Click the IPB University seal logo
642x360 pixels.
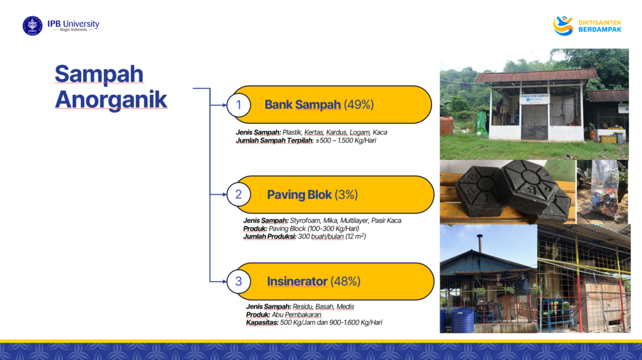tap(33, 26)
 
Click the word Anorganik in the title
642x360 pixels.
tap(111, 100)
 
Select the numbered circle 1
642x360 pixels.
tap(239, 105)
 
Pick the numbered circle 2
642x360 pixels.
tap(239, 194)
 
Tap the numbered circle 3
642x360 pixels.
tap(239, 282)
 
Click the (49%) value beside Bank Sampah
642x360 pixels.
tap(359, 105)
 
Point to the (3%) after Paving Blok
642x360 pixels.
tap(346, 194)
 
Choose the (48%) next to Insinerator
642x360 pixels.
tap(345, 282)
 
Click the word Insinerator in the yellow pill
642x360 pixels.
tap(297, 282)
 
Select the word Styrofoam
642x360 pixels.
tap(305, 220)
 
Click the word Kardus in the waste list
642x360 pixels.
tap(336, 132)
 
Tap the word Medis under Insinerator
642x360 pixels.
tap(345, 306)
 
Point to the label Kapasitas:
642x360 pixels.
tap(262, 323)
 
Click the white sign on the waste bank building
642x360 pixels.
tap(535, 99)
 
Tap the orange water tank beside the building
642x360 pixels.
tap(446, 125)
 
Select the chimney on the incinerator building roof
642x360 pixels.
tap(480, 243)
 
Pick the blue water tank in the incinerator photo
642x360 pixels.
tap(462, 320)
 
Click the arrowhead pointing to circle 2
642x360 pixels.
tap(224, 194)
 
